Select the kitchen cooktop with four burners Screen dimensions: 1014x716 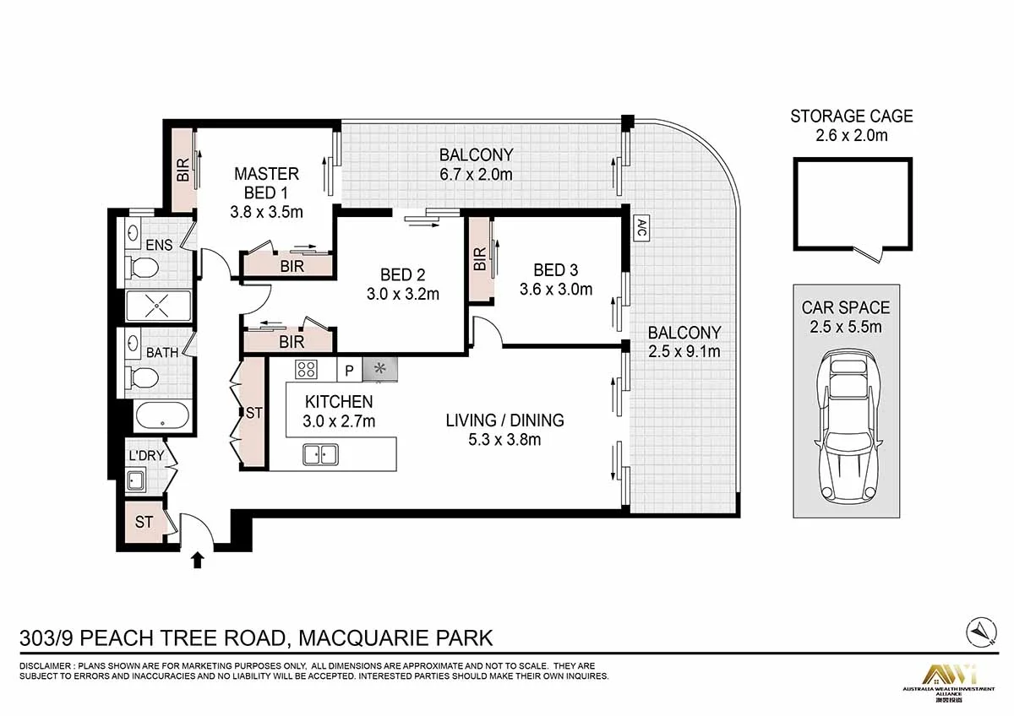tap(307, 369)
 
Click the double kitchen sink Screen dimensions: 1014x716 tap(320, 454)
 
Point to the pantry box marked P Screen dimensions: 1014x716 tap(350, 371)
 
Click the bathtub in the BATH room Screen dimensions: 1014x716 tap(162, 415)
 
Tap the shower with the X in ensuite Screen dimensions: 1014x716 tap(159, 306)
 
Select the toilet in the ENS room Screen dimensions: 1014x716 tap(141, 268)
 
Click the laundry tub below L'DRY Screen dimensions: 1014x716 tap(135, 480)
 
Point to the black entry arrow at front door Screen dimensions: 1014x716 tap(198, 560)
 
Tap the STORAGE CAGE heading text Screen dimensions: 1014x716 tap(852, 117)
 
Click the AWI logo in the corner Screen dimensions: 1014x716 tap(950, 676)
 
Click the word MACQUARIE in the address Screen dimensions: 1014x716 tap(363, 637)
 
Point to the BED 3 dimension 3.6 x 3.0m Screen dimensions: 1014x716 tap(556, 289)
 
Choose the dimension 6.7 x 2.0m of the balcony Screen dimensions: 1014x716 tap(477, 174)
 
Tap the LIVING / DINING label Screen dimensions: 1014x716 tap(504, 420)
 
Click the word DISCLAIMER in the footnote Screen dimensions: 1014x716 tap(46, 666)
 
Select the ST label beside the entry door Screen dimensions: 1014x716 tap(144, 522)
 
